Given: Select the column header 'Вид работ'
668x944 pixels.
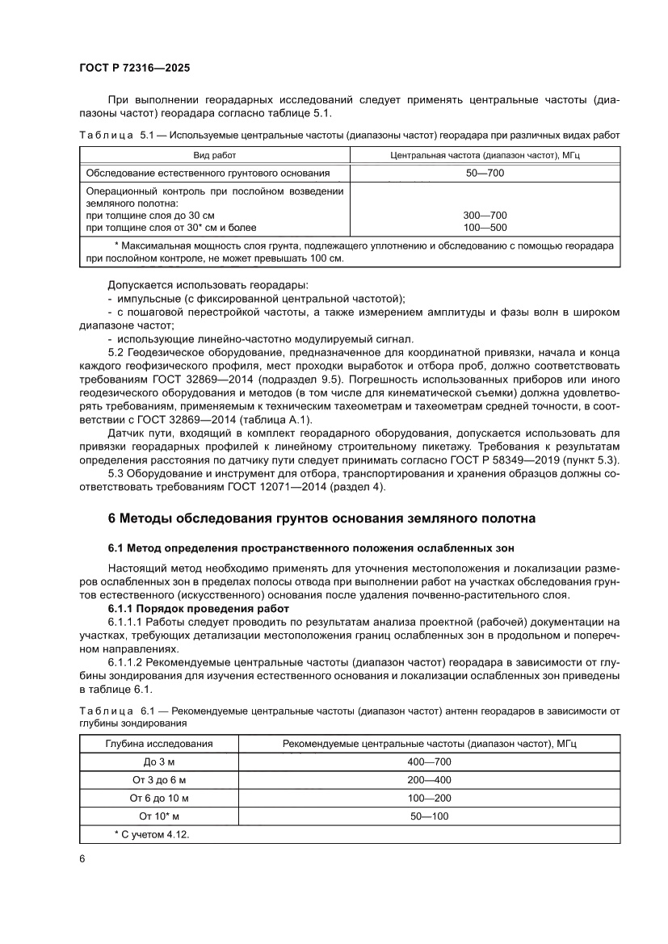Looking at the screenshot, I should pyautogui.click(x=214, y=155).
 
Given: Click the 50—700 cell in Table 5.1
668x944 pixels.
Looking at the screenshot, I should pyautogui.click(x=485, y=173).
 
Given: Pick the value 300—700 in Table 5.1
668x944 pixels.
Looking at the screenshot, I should pyautogui.click(x=485, y=216).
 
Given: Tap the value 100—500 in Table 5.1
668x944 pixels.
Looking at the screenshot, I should pyautogui.click(x=485, y=227).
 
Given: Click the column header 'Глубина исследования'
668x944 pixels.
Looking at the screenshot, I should pyautogui.click(x=160, y=743).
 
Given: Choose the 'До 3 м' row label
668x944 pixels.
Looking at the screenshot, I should pyautogui.click(x=160, y=761).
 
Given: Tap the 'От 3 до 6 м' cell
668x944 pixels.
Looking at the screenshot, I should pyautogui.click(x=160, y=780).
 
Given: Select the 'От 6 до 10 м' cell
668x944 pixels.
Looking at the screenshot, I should pyautogui.click(x=160, y=799).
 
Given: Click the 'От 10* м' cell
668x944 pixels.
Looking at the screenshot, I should pyautogui.click(x=160, y=816).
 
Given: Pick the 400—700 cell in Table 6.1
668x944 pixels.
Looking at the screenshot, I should pyautogui.click(x=430, y=761).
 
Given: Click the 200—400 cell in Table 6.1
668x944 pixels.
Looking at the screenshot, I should pyautogui.click(x=430, y=780).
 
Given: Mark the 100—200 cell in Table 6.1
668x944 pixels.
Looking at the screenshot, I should pyautogui.click(x=430, y=799).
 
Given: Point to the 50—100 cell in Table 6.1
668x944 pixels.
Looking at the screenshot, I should pyautogui.click(x=430, y=816).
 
